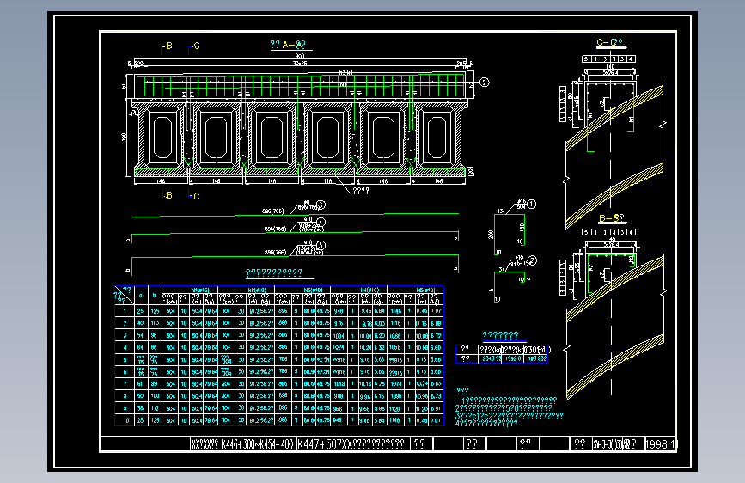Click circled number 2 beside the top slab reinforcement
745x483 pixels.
point(485,83)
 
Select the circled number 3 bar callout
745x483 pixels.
point(321,205)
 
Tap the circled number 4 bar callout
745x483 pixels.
point(321,223)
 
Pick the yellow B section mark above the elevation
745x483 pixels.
point(168,46)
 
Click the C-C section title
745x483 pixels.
point(608,42)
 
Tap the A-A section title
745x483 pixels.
point(289,45)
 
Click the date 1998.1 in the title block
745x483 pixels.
point(661,444)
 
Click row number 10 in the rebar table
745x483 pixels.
point(126,420)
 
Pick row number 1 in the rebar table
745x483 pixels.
point(126,310)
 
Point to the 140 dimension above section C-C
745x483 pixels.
point(608,65)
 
